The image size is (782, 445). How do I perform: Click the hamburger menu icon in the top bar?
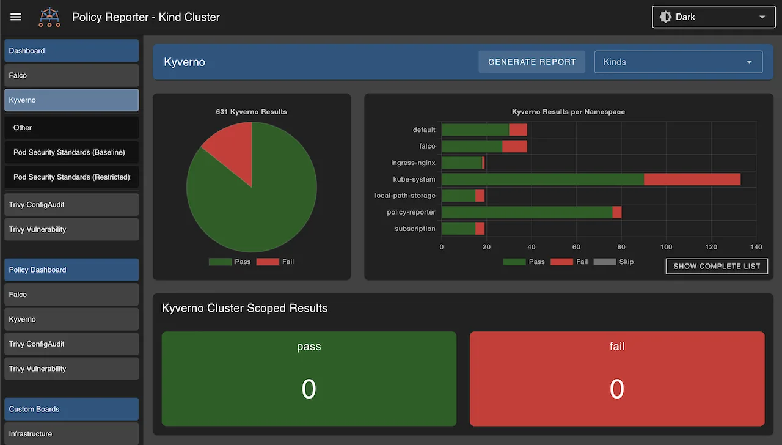tap(16, 17)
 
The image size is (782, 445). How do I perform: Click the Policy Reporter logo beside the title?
tap(49, 17)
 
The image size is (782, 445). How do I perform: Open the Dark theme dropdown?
tap(713, 17)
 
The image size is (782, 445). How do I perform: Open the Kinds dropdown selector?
tap(678, 62)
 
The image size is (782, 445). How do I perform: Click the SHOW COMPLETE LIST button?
tap(717, 266)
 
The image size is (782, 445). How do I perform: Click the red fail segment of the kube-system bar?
tap(692, 179)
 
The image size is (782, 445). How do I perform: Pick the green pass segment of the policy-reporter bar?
tap(527, 212)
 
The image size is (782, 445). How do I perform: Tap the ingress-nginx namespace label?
tap(413, 163)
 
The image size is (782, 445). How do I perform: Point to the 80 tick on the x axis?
tap(621, 247)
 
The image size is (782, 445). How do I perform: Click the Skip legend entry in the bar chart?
tap(613, 262)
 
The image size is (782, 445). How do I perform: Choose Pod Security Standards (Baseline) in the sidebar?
tap(69, 152)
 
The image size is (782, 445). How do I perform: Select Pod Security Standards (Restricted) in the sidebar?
tap(71, 177)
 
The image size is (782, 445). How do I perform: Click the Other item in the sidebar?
tap(23, 128)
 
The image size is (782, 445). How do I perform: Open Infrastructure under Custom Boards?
tap(31, 433)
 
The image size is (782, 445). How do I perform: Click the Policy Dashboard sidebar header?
tap(38, 270)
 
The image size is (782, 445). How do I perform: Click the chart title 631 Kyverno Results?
tap(251, 112)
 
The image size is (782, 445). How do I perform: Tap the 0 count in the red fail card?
tap(616, 389)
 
